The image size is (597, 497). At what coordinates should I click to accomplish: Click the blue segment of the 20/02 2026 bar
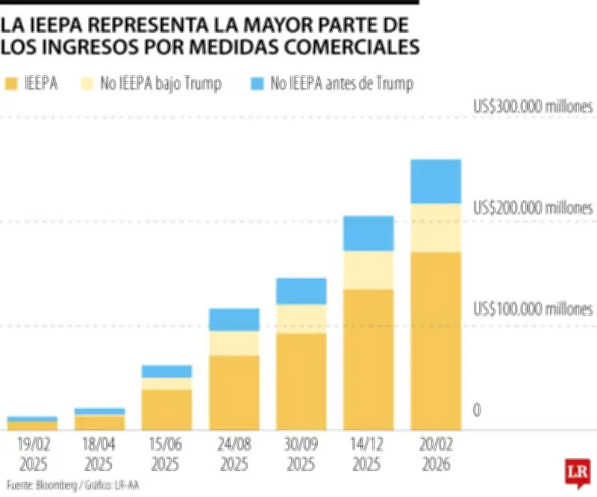436,181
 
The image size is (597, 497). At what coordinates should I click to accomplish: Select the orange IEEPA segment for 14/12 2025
368,359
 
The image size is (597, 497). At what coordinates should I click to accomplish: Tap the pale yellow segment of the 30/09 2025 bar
301,319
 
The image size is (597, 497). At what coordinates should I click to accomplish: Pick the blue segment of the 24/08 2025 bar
234,319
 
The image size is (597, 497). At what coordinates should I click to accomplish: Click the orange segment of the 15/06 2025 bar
166,410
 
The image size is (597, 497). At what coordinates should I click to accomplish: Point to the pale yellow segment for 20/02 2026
436,228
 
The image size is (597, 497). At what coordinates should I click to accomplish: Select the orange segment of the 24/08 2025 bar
234,393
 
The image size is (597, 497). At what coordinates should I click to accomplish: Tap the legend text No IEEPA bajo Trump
171,84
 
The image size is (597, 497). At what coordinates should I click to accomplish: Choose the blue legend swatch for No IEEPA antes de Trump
256,84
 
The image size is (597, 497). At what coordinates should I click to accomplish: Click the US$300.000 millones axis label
533,107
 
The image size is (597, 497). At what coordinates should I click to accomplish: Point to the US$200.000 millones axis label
533,208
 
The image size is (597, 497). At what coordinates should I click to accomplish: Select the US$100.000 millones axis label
533,309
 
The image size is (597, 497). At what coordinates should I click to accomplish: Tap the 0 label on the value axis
477,410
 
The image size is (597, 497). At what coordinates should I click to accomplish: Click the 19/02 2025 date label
32,454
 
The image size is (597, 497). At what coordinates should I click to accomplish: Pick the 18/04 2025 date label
99,454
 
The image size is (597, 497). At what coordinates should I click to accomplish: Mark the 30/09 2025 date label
301,454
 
